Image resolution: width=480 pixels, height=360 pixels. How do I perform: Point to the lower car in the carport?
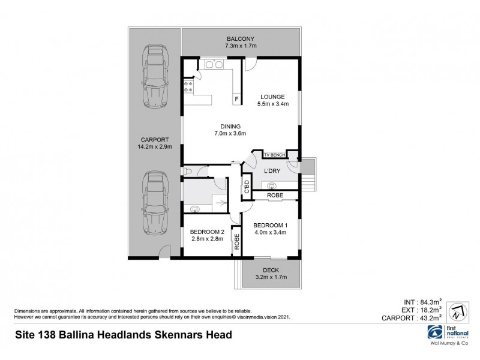(154, 203)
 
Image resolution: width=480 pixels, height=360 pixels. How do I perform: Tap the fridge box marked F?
(236, 99)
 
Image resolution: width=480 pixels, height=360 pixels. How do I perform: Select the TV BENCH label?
(275, 155)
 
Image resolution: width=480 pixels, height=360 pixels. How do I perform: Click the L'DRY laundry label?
(274, 171)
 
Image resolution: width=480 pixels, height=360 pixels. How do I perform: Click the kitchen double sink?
(211, 64)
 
